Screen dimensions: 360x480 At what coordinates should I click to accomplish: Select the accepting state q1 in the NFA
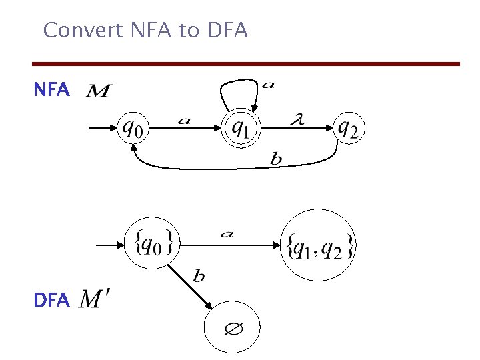(241, 127)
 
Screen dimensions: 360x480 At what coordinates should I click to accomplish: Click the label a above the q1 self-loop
(267, 84)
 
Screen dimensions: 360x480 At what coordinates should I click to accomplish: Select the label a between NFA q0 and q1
(184, 120)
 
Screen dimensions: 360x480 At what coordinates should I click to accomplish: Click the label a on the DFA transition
(227, 234)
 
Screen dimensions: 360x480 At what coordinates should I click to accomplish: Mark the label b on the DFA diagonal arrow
(199, 275)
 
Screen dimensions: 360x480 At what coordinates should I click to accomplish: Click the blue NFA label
(51, 91)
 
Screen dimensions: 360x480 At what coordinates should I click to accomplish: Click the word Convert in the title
(73, 30)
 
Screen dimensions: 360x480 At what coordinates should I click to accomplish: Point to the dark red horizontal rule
(247, 64)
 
